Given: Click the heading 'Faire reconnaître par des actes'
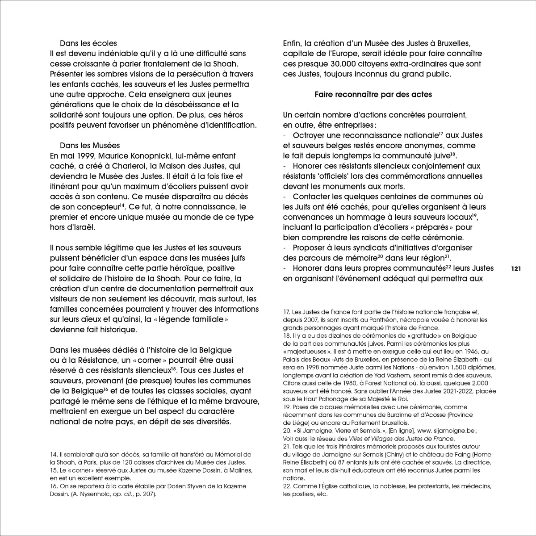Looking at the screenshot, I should coord(373,95).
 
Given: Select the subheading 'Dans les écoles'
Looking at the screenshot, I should coord(88,43).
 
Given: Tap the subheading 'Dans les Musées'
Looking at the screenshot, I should coord(90,146).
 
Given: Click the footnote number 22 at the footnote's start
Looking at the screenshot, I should coord(286,486).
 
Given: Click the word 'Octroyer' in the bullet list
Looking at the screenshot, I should coord(309,135).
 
